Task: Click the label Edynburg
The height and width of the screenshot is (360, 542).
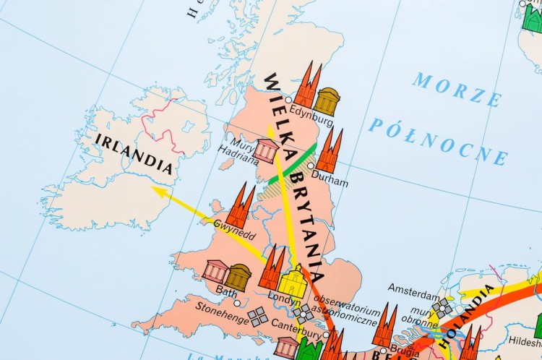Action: pyautogui.click(x=311, y=113)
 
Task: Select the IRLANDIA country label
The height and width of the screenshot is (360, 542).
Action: pyautogui.click(x=134, y=153)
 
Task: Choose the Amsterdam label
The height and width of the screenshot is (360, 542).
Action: pyautogui.click(x=413, y=287)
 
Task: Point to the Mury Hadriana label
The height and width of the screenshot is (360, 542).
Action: pyautogui.click(x=238, y=151)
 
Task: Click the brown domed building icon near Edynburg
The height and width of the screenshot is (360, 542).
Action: pyautogui.click(x=327, y=100)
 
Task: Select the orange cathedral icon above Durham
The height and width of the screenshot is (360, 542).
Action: pyautogui.click(x=330, y=152)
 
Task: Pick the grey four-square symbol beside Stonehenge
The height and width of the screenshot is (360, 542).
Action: pyautogui.click(x=257, y=316)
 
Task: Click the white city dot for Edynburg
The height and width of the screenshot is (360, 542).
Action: pyautogui.click(x=288, y=100)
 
